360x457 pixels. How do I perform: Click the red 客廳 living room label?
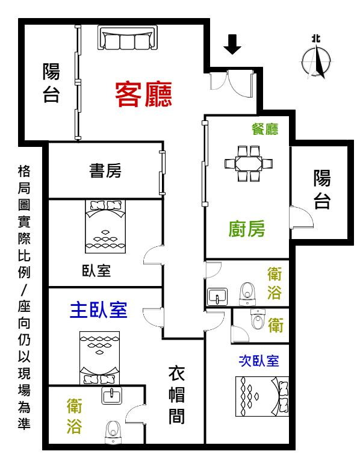(x=143, y=94)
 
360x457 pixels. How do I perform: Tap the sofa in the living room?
(x=128, y=37)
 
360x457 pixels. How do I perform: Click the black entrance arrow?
(x=232, y=45)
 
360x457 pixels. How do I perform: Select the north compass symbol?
(x=316, y=58)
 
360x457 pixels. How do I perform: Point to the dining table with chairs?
(x=249, y=164)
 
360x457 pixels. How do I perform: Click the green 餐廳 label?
(x=265, y=129)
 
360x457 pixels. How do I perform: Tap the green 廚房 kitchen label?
(x=247, y=229)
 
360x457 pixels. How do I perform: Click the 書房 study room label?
(x=105, y=170)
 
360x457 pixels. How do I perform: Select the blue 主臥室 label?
(x=99, y=310)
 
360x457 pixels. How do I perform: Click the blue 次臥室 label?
(x=259, y=361)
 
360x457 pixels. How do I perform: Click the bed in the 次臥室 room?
(x=262, y=396)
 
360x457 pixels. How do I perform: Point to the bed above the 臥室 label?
(x=105, y=226)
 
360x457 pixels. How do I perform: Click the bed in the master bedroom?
(x=100, y=358)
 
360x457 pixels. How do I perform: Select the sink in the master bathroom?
(x=111, y=396)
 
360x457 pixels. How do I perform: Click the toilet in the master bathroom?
(x=113, y=432)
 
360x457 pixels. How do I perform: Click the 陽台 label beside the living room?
(x=51, y=82)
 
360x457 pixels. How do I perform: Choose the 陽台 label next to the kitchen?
(x=322, y=190)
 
